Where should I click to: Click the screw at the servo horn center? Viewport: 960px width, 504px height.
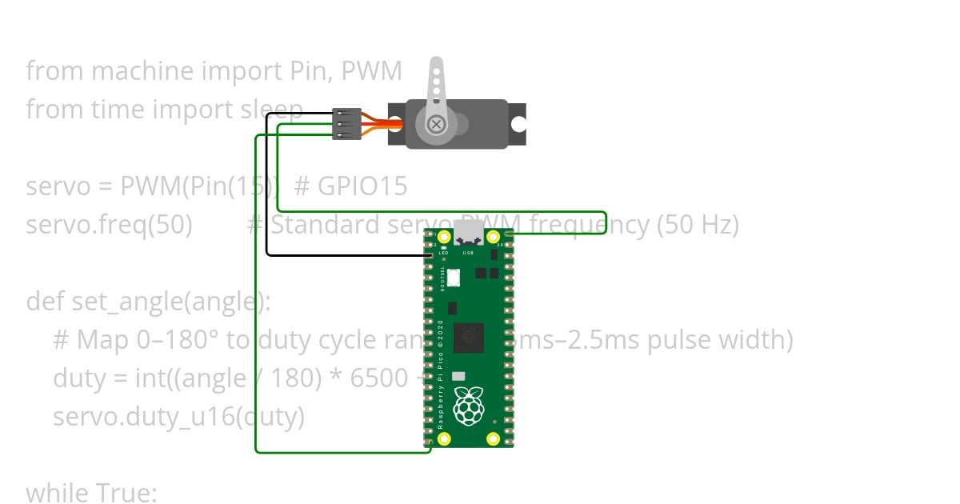(x=436, y=124)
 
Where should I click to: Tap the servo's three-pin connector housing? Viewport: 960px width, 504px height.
(x=346, y=124)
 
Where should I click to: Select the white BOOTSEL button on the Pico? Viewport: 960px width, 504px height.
(x=454, y=278)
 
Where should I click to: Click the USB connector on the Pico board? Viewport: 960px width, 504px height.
(x=469, y=234)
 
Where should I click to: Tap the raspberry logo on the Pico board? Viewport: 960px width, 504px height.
(x=468, y=406)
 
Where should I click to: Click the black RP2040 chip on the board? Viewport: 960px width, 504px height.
(x=468, y=338)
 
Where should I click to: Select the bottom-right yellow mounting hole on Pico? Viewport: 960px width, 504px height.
(x=493, y=438)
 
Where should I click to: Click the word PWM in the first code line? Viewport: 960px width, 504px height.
(x=371, y=71)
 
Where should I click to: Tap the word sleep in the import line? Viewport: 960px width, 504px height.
(x=271, y=110)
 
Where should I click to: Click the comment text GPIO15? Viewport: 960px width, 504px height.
(x=362, y=186)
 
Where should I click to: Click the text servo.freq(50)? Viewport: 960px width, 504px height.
(x=109, y=225)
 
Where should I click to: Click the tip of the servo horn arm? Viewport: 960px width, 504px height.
(x=436, y=64)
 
